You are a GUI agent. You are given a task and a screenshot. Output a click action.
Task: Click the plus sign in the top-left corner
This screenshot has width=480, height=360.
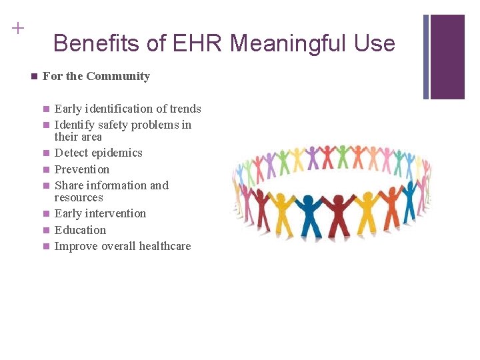click(x=17, y=28)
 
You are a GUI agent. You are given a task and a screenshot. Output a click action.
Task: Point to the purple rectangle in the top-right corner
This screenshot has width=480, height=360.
click(x=447, y=57)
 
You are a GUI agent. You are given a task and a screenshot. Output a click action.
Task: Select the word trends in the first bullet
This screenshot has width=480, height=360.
click(x=185, y=109)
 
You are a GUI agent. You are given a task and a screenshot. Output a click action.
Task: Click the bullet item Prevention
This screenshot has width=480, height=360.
click(x=81, y=169)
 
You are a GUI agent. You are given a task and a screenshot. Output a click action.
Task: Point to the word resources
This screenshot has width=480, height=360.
click(x=79, y=197)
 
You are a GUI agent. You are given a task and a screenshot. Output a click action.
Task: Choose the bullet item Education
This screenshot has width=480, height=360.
click(x=80, y=230)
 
